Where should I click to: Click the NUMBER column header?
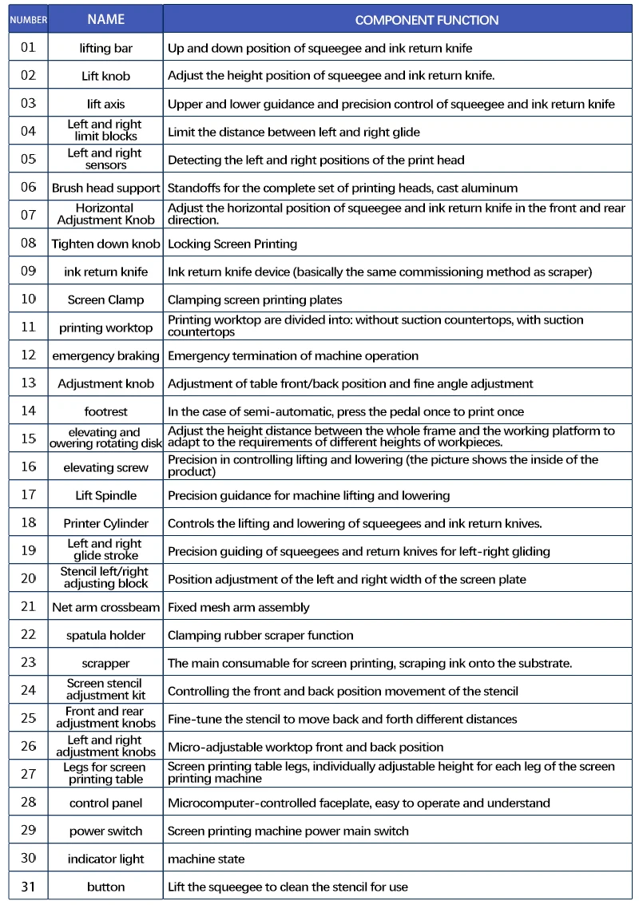pos(28,20)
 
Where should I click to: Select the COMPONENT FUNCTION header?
pos(427,20)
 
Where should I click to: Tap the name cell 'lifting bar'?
pos(106,48)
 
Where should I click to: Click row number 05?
pos(28,159)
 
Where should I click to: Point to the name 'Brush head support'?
pos(106,188)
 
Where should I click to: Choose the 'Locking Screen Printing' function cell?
pos(232,244)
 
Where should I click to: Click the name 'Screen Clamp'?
pos(106,300)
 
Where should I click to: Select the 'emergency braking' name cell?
pos(106,355)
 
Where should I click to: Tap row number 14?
pos(28,411)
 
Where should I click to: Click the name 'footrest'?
pos(106,411)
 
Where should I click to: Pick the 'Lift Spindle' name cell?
pos(106,495)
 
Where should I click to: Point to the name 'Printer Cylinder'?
pos(106,523)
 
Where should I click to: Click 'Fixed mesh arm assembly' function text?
pos(238,607)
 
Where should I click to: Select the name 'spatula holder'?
pos(106,635)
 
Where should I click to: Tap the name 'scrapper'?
pos(106,663)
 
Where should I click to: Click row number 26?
pos(28,746)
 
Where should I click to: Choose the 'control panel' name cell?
pos(106,803)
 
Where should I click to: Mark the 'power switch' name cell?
pos(106,831)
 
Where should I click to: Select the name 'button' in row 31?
pos(106,887)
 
